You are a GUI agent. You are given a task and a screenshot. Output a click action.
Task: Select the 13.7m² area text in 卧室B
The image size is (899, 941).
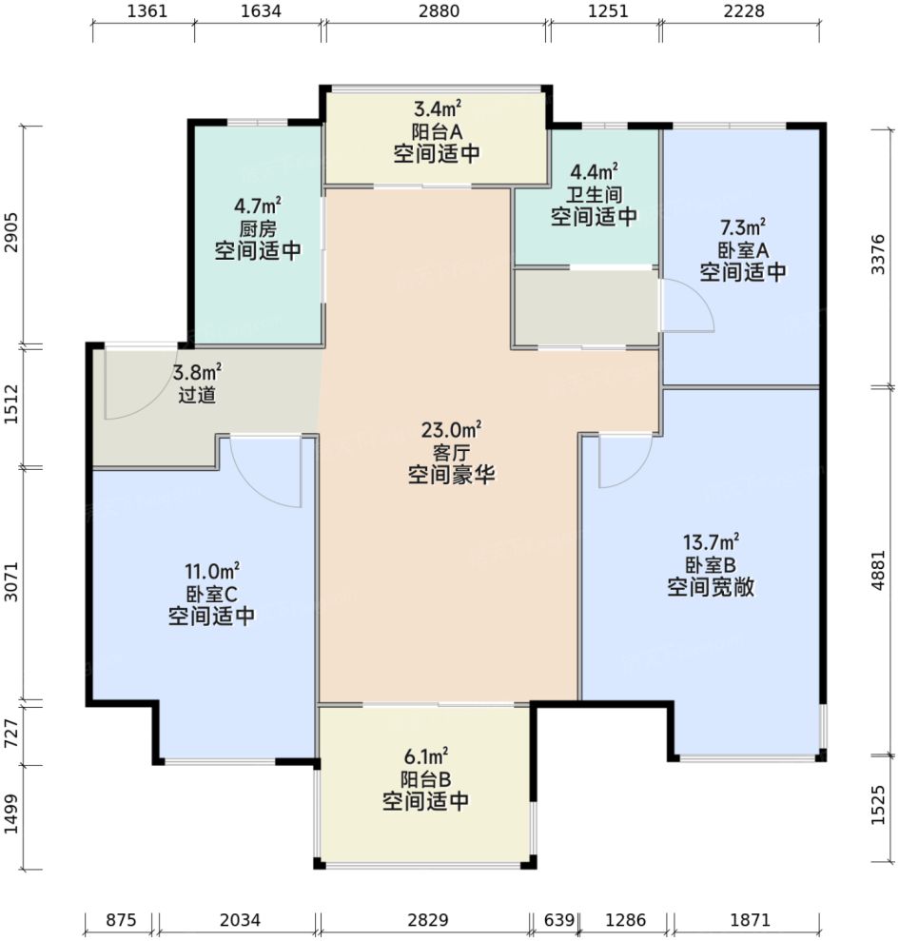point(711,542)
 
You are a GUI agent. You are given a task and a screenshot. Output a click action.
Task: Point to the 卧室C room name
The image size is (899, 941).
point(211,594)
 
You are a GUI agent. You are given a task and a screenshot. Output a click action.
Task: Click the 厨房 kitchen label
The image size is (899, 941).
point(258,228)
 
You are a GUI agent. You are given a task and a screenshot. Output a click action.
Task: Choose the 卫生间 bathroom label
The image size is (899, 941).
point(594,194)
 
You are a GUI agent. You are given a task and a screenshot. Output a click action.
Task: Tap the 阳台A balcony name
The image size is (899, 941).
point(437,131)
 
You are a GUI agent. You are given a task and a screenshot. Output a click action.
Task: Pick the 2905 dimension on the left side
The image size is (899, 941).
point(11,233)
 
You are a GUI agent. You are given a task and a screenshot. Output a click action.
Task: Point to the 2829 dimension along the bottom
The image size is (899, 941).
point(427,921)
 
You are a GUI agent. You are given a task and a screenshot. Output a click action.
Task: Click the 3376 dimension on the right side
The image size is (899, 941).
point(881,255)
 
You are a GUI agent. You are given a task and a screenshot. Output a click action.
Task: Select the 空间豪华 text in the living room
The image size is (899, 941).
point(451,474)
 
